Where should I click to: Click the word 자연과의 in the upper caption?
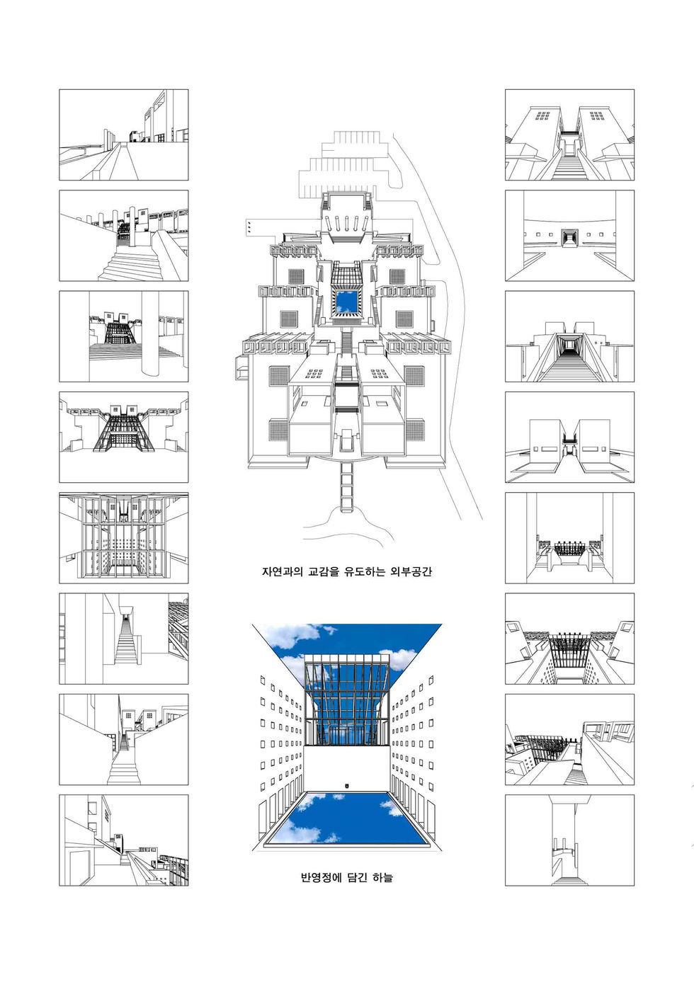tap(283, 571)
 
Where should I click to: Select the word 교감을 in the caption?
tap(323, 571)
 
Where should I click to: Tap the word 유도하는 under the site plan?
tap(364, 571)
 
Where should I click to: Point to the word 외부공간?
tap(410, 571)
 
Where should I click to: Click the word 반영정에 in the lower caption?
tap(321, 877)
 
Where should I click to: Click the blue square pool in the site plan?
tap(346, 301)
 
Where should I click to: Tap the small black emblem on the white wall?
tap(347, 784)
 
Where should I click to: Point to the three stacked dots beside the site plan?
tap(249, 227)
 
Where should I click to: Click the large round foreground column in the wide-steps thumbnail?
tap(149, 333)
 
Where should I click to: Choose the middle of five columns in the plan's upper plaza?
tap(347, 222)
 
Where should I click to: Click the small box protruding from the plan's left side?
tap(240, 367)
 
